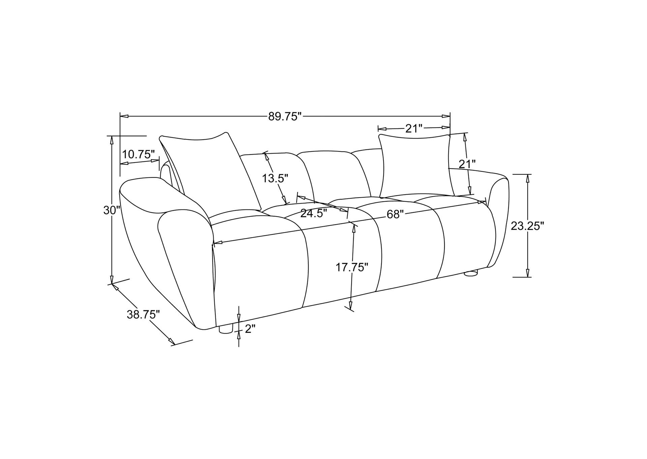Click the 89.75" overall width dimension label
tap(284, 117)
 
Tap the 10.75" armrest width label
tap(138, 154)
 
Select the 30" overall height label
tap(112, 210)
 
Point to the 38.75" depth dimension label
tap(143, 315)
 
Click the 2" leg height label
tap(250, 329)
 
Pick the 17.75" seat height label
tap(351, 267)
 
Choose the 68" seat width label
tap(395, 214)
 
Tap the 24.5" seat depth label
tap(313, 213)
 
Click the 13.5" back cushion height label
tap(275, 178)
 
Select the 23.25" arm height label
tap(527, 226)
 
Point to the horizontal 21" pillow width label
tap(413, 128)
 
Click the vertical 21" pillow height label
tap(467, 164)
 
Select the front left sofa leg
tap(226, 329)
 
